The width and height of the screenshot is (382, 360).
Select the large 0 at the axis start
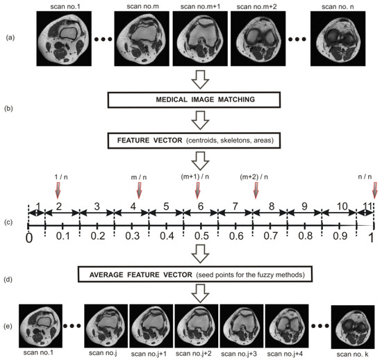pyautogui.click(x=28, y=238)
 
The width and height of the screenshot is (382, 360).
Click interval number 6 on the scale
pyautogui.click(x=201, y=207)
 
